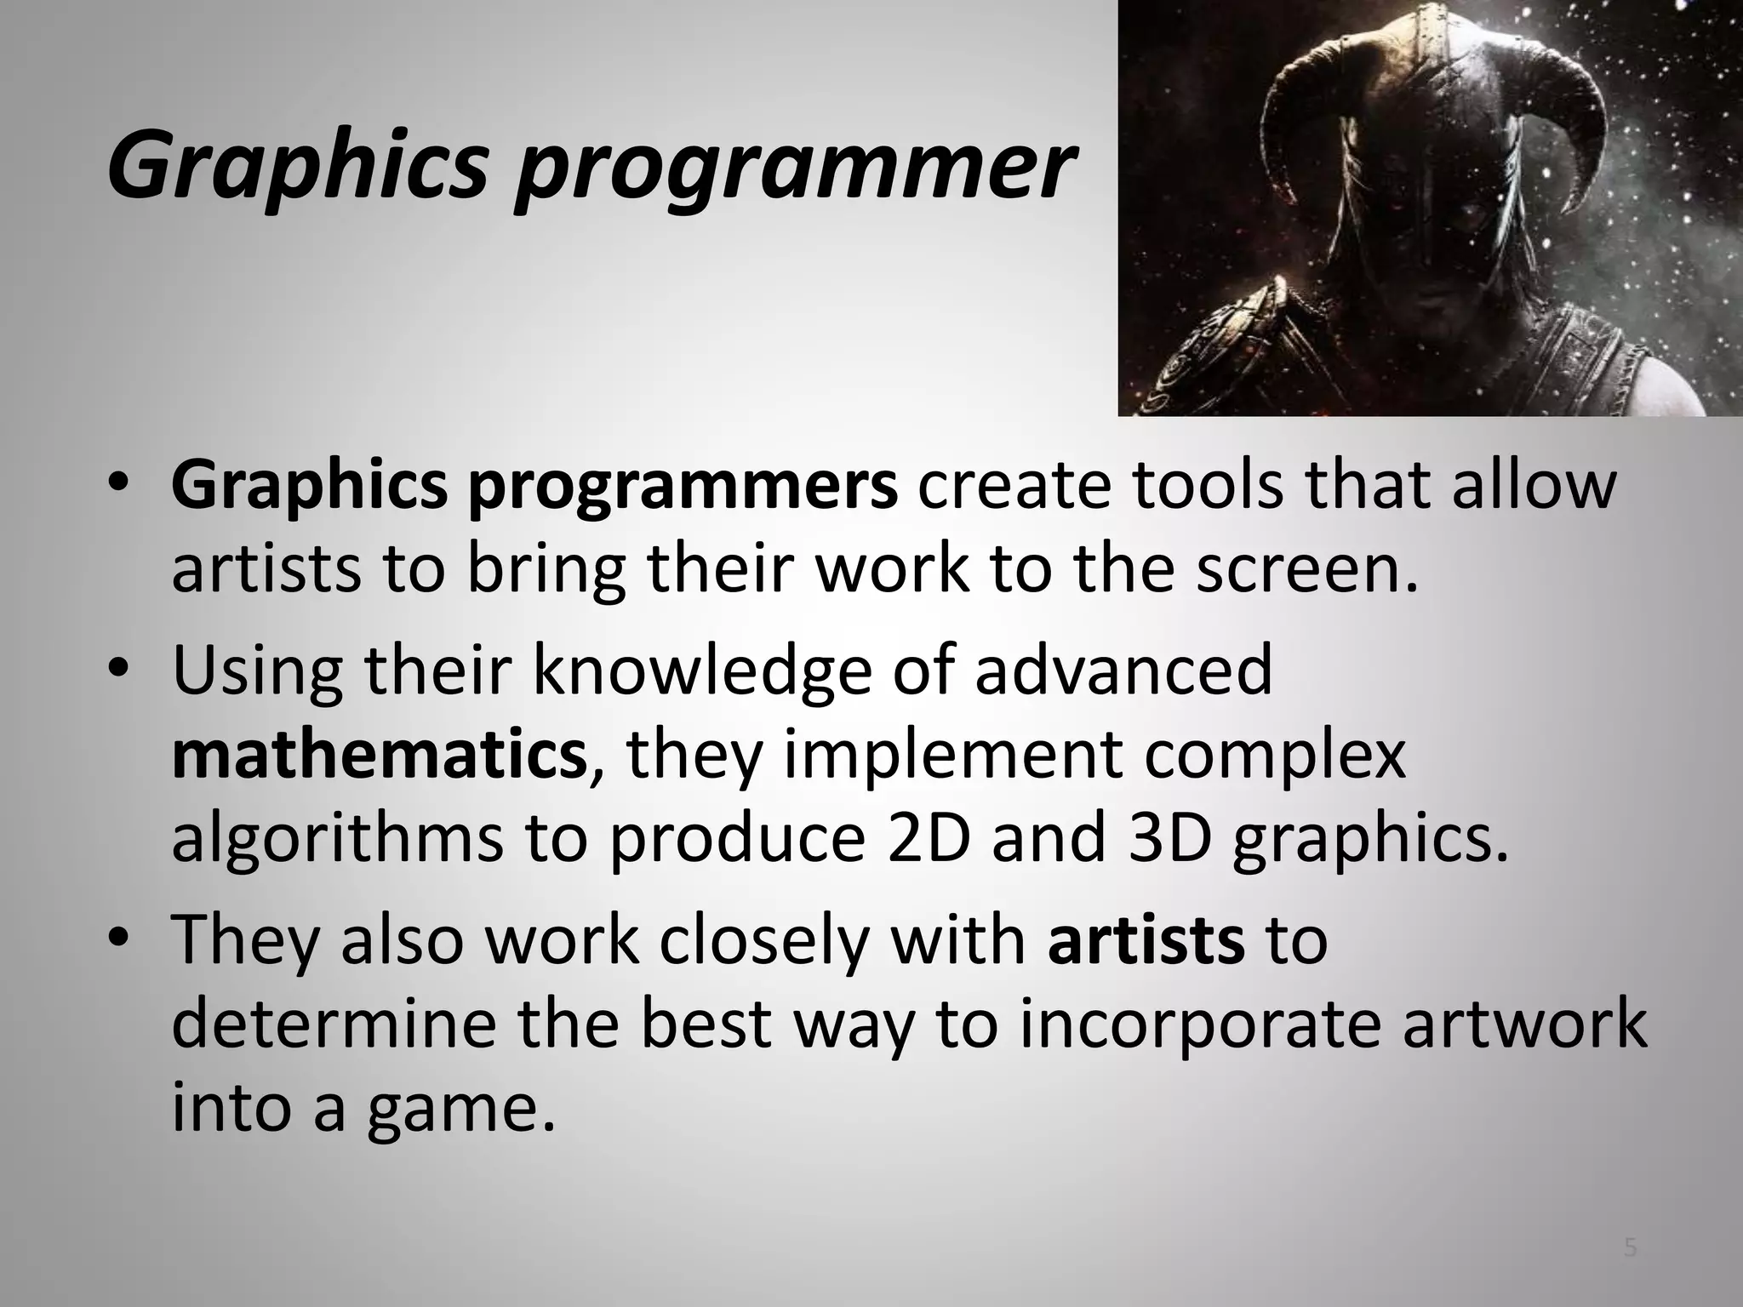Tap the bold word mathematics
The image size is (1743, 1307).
(379, 754)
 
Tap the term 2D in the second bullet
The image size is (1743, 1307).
(927, 837)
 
